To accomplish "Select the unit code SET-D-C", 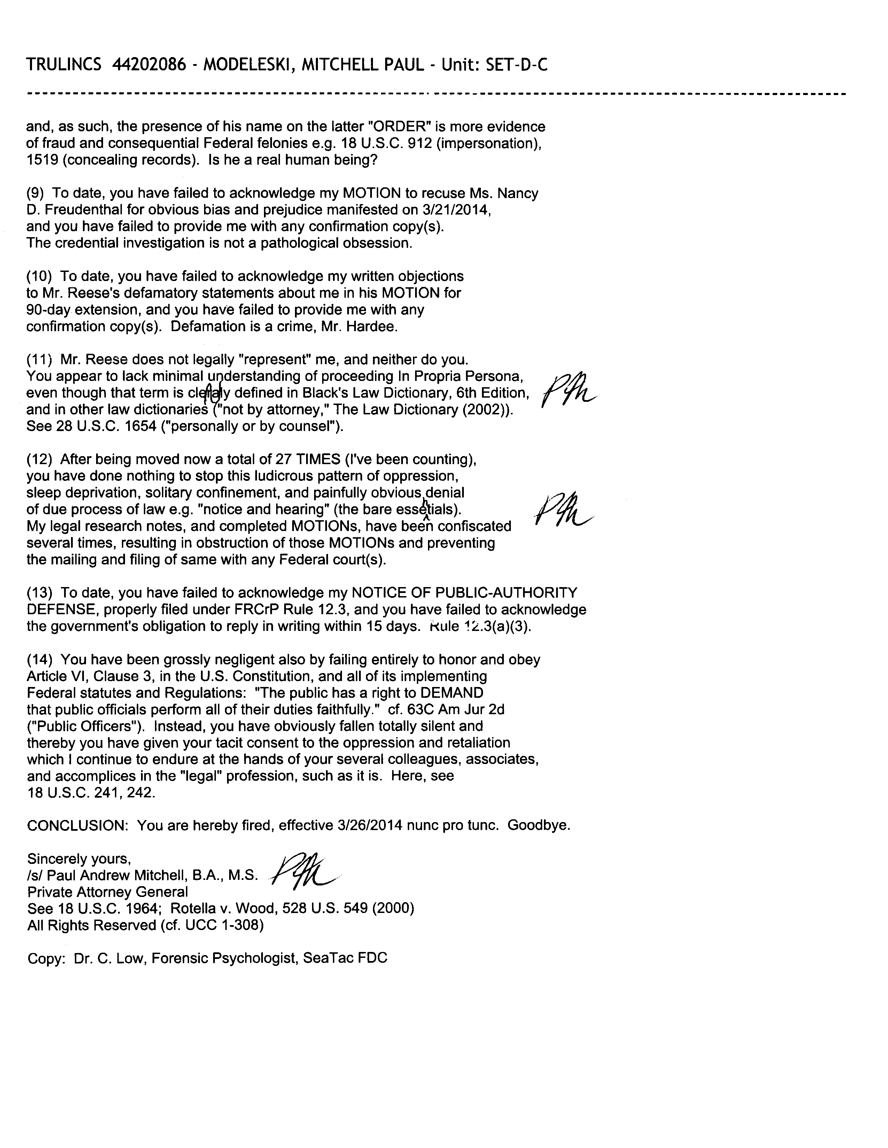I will pyautogui.click(x=518, y=65).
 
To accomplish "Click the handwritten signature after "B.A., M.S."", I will pyautogui.click(x=305, y=874).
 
